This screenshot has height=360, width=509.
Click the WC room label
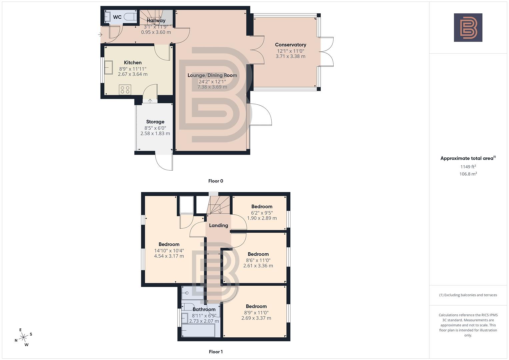click(x=117, y=17)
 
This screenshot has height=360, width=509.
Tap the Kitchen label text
click(x=133, y=63)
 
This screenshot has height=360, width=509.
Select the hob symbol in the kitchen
click(x=125, y=90)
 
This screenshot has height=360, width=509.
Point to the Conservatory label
click(x=290, y=45)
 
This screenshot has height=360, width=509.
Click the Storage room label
click(x=155, y=122)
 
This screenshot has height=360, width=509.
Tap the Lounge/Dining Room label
click(x=212, y=75)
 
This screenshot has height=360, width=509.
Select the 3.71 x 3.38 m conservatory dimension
click(x=290, y=56)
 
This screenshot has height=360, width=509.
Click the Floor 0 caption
click(x=216, y=181)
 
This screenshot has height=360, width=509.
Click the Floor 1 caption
click(x=216, y=352)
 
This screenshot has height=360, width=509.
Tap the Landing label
click(x=218, y=225)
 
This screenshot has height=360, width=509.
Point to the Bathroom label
click(x=204, y=309)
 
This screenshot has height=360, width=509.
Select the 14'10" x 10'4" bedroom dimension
click(x=169, y=251)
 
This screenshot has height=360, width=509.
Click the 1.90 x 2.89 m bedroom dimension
click(x=262, y=218)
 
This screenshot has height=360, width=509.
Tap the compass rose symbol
click(x=23, y=337)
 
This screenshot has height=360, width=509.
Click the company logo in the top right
click(x=468, y=27)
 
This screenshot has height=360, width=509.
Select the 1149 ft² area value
click(x=468, y=167)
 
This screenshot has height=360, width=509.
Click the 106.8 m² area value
click(x=468, y=174)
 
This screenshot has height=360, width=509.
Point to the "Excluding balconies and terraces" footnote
click(x=468, y=295)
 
